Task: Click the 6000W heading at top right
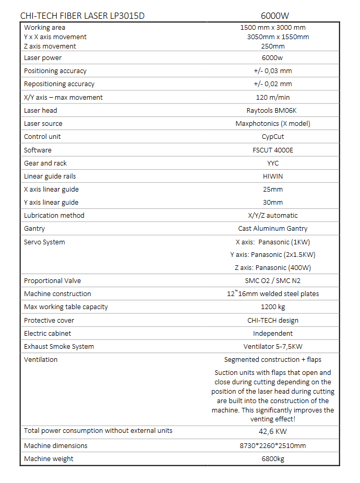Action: pos(274,16)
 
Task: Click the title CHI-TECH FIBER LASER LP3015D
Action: pos(82,16)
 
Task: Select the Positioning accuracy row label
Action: pos(55,71)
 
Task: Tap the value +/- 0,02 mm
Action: pos(273,84)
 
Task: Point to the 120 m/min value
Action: pos(273,98)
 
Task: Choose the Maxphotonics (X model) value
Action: pos(273,124)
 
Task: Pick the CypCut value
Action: pos(273,137)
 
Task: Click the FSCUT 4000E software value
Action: pos(273,150)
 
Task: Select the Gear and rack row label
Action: pos(45,163)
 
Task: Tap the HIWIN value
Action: pos(273,176)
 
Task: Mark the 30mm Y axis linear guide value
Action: pos(273,203)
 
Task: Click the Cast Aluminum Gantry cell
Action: pos(273,229)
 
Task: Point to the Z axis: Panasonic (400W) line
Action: pos(273,268)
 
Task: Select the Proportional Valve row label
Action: pos(53,281)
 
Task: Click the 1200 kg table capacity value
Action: pos(273,307)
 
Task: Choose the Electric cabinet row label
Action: pos(47,334)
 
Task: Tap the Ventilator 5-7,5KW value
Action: pos(273,347)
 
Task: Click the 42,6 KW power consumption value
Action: pos(273,432)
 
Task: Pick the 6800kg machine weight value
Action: pos(273,459)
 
